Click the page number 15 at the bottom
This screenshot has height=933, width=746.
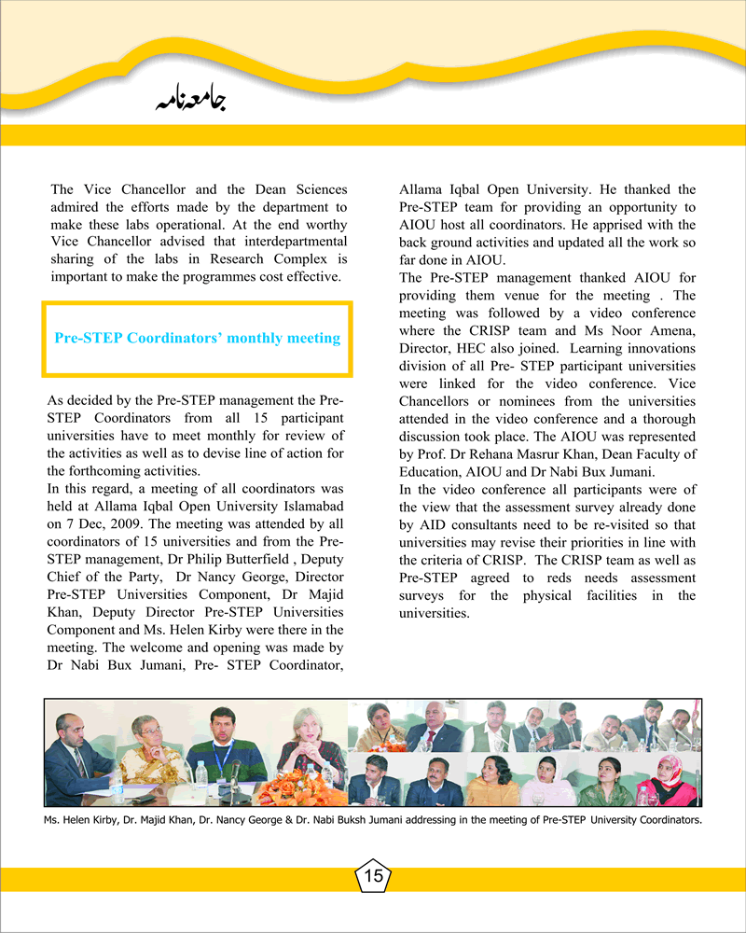click(373, 876)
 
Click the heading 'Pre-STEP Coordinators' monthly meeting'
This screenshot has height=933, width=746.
click(197, 338)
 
